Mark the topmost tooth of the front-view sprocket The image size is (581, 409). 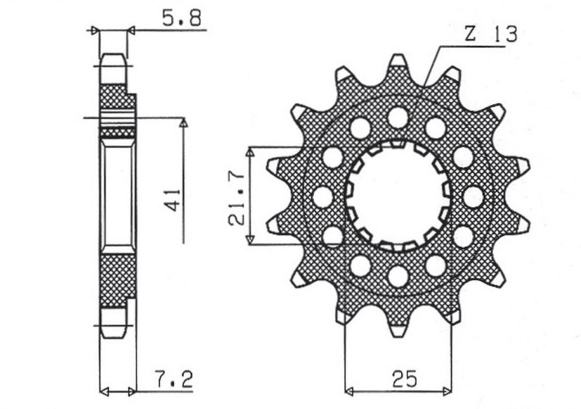point(399,64)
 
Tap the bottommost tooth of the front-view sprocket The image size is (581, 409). point(399,326)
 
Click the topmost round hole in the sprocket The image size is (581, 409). point(397,116)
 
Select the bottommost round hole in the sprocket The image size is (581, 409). point(397,276)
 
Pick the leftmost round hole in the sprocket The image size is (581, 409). point(321,195)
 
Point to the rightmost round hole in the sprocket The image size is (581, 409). point(474,195)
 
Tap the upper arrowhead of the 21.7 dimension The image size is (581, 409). point(251,152)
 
